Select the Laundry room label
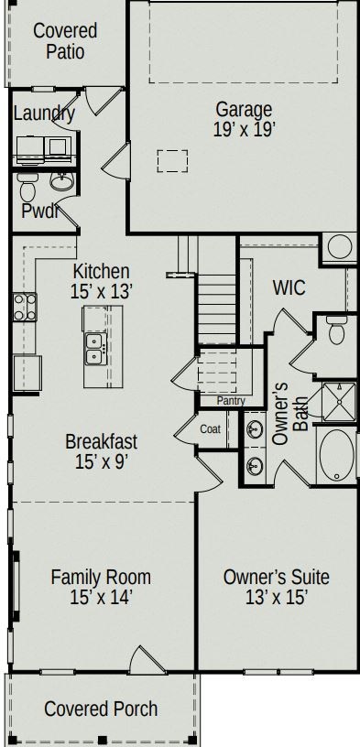click(x=44, y=114)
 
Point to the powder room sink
click(x=61, y=181)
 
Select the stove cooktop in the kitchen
click(x=24, y=306)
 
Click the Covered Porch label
click(x=101, y=709)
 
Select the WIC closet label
click(x=289, y=288)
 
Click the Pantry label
click(x=230, y=401)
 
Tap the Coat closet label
click(x=210, y=428)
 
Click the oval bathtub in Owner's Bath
click(x=335, y=454)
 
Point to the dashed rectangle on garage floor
click(x=171, y=161)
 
